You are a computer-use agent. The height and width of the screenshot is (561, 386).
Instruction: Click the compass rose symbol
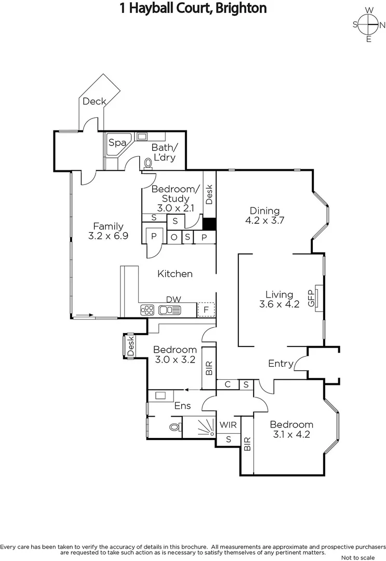pos(368,24)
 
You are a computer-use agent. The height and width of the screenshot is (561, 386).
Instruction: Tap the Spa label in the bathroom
pos(117,143)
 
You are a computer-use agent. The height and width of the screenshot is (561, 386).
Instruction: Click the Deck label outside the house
pos(94,101)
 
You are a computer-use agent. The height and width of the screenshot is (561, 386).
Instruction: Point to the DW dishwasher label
pos(173,299)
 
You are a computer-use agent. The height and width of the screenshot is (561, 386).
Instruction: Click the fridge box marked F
pos(206,310)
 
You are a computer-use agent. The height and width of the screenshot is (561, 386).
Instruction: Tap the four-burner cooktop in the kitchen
pos(148,310)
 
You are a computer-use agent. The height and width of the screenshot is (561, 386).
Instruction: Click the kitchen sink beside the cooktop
pos(170,310)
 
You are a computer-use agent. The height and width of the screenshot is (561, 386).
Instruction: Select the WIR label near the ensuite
pos(229,425)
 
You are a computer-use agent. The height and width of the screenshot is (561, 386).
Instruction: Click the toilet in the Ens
pos(175,427)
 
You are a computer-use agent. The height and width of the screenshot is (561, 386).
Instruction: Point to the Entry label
pos(281,364)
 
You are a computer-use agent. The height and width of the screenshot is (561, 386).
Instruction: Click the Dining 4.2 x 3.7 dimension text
pos(264,220)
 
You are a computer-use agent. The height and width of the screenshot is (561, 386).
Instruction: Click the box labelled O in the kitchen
pos(174,237)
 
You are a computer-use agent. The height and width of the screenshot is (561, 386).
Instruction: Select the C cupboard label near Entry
pos(228,384)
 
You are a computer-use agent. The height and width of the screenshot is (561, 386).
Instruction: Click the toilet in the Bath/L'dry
pos(149,164)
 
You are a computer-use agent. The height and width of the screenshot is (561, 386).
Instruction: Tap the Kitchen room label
pos(175,274)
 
